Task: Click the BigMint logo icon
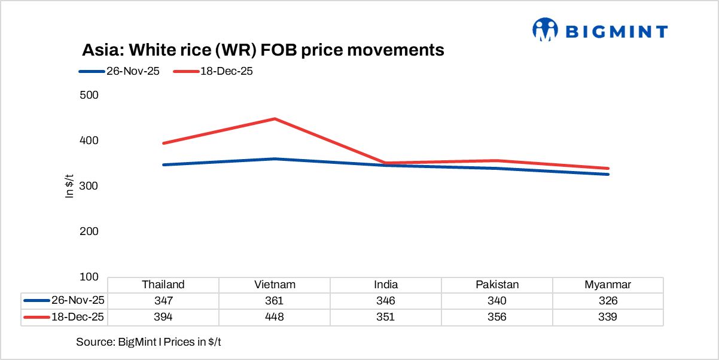click(545, 30)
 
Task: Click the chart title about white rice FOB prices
click(263, 50)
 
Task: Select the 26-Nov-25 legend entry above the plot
click(119, 71)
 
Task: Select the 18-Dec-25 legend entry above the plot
click(214, 71)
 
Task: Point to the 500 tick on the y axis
click(89, 95)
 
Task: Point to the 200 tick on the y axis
click(89, 231)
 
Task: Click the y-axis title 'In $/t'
click(69, 185)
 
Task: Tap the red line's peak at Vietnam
click(275, 119)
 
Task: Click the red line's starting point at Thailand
click(163, 144)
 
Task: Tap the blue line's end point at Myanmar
click(608, 174)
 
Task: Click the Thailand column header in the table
click(163, 285)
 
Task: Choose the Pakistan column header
click(497, 285)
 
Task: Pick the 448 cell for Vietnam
click(275, 317)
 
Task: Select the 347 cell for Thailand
click(163, 301)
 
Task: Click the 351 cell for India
click(386, 317)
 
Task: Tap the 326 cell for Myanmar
click(608, 301)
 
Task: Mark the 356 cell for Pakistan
click(497, 317)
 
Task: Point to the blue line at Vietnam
click(275, 159)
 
